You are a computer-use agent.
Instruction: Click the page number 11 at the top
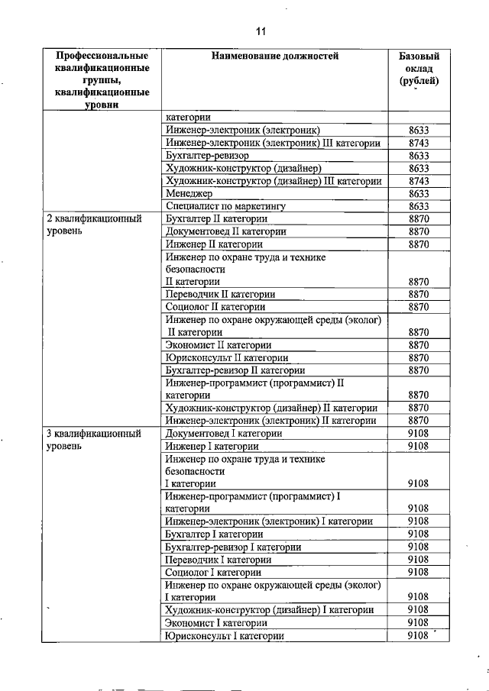point(260,31)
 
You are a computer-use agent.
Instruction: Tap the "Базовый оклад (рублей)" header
point(419,69)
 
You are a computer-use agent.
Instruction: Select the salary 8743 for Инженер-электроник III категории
point(419,143)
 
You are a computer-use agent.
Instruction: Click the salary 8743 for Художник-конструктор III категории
point(419,181)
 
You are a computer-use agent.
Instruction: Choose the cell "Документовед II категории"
point(226,231)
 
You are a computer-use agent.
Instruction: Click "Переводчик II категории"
point(220,293)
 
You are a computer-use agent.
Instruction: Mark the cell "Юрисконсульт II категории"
point(227,357)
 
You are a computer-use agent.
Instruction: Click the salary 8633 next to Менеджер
point(419,193)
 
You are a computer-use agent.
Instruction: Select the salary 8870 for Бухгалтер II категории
point(419,218)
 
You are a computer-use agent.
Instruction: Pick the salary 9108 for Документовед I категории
point(419,433)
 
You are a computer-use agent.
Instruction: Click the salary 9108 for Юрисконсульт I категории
point(419,635)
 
